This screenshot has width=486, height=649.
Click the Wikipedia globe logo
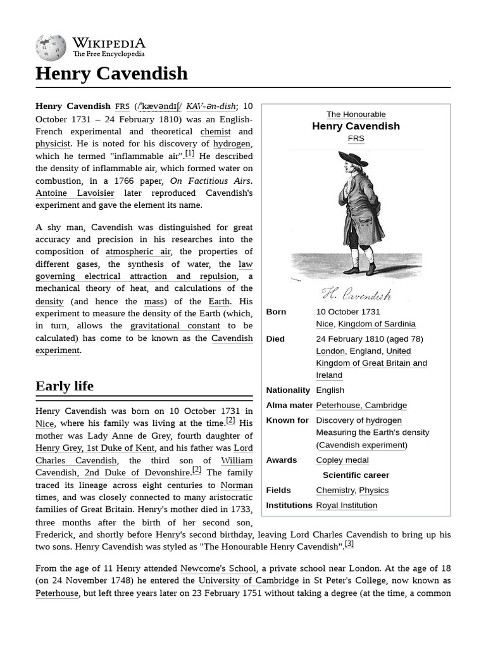51,48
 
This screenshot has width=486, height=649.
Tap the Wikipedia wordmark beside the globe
108,43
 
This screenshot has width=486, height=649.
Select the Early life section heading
65,386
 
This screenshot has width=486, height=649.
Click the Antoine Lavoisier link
75,193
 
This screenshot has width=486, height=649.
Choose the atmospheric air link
138,252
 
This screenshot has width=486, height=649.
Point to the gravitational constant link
175,326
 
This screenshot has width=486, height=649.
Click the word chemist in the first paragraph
215,131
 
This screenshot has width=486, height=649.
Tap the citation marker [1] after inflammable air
190,154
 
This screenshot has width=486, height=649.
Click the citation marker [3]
349,544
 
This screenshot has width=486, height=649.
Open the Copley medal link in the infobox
342,460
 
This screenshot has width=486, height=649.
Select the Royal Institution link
346,505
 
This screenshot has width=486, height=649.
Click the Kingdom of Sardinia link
377,324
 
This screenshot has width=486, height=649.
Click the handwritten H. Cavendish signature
356,294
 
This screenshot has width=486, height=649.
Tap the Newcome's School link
218,569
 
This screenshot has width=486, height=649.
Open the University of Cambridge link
248,581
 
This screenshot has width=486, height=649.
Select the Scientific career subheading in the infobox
356,475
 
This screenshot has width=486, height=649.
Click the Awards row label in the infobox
281,460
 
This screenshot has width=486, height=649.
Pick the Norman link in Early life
236,485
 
